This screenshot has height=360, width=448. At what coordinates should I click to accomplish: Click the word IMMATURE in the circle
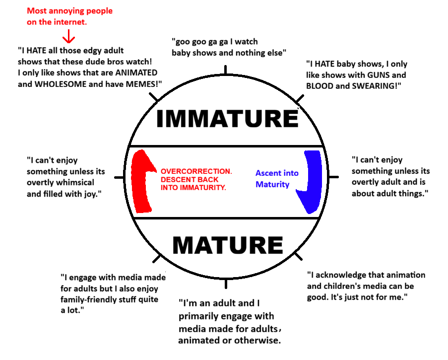(227, 119)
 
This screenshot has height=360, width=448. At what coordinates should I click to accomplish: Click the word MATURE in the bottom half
(227, 245)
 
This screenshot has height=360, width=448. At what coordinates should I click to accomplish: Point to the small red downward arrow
(68, 36)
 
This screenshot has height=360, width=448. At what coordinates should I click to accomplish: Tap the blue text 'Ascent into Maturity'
(277, 179)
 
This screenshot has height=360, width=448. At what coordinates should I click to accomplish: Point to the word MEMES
(140, 83)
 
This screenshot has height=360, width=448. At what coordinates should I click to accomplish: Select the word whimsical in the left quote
(72, 182)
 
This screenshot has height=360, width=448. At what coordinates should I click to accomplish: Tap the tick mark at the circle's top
(226, 70)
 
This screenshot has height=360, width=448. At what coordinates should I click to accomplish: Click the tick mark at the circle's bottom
(226, 284)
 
